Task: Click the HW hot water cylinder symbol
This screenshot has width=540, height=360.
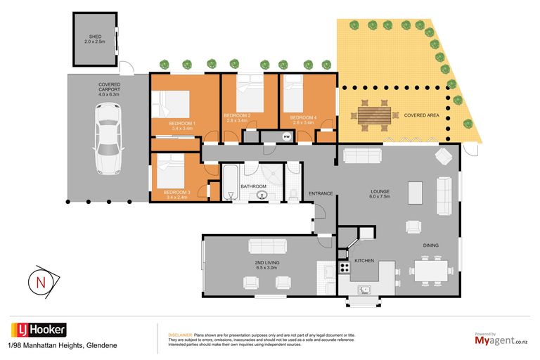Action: tap(286, 136)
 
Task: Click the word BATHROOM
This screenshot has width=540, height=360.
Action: tap(253, 186)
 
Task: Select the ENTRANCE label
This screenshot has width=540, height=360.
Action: tap(321, 193)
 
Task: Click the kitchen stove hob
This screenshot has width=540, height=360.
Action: tap(345, 267)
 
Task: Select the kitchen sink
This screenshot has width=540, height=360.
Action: tap(364, 289)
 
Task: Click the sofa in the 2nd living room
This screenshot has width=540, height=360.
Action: tap(267, 246)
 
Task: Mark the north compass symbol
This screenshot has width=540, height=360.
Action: tap(41, 282)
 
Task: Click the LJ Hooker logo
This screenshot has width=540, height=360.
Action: tap(39, 330)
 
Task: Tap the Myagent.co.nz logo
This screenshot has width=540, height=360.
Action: tap(500, 340)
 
